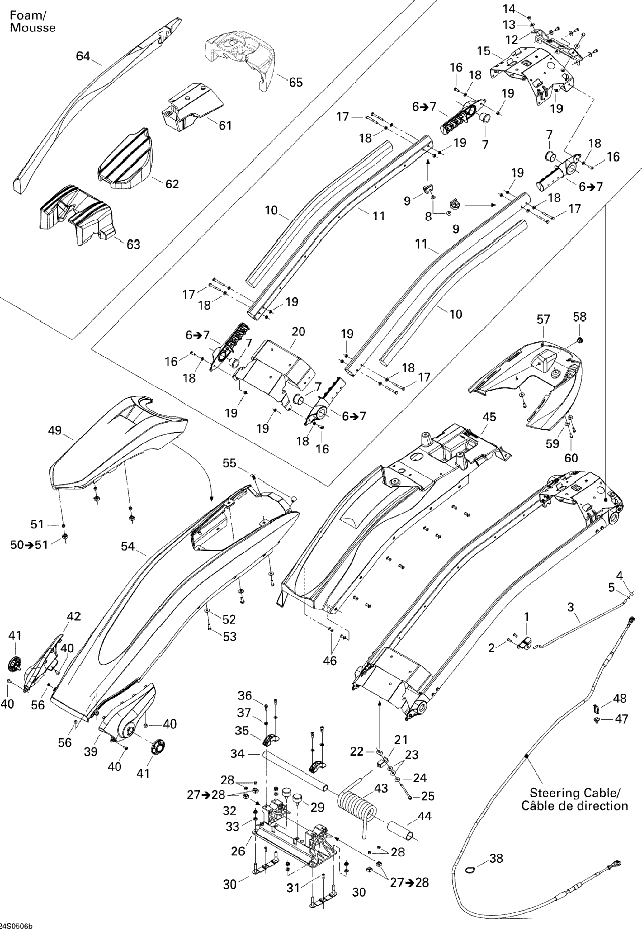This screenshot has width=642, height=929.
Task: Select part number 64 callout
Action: click(83, 56)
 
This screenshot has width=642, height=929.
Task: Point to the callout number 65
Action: click(296, 83)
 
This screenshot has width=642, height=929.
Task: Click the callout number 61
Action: click(225, 126)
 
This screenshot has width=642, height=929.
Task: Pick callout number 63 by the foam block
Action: click(133, 244)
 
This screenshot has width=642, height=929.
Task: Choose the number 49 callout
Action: click(55, 430)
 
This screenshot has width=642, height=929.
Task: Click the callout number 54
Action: click(128, 546)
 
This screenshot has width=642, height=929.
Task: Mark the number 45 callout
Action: click(489, 417)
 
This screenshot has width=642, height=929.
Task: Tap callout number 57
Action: click(543, 320)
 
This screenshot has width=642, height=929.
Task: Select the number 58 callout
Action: click(580, 317)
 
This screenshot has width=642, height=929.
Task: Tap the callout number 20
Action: click(298, 332)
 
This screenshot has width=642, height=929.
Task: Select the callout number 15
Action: click(484, 51)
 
